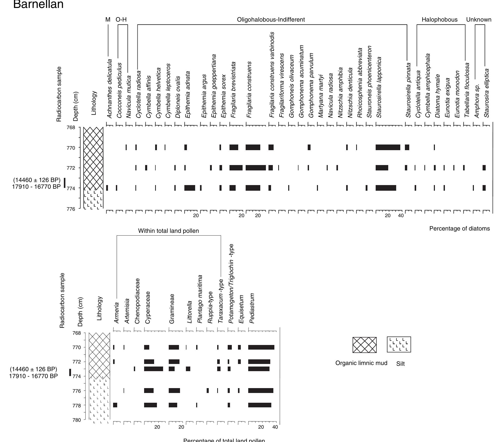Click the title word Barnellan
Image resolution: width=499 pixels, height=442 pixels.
[x=38, y=5]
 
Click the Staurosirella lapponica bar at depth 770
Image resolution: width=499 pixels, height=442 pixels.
[x=388, y=147]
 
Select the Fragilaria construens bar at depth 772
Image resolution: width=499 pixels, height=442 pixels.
[x=256, y=168]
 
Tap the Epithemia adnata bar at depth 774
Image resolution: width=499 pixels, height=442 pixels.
[x=189, y=188]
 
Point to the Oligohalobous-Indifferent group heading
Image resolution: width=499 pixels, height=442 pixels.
[x=271, y=20]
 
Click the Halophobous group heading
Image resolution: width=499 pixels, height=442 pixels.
[x=440, y=20]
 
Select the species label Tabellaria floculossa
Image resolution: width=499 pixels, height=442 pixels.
[x=467, y=90]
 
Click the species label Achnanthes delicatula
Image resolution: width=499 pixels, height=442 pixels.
[x=109, y=89]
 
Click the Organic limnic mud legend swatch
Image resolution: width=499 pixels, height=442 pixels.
[x=364, y=345]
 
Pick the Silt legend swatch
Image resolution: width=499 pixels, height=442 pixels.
[x=399, y=344]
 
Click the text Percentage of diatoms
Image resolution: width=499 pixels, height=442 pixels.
[x=460, y=229]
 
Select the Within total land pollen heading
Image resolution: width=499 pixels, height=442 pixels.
[x=168, y=231]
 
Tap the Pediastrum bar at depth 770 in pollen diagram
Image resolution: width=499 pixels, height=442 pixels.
[x=261, y=347]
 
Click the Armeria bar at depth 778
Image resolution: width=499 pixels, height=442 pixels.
[x=115, y=405]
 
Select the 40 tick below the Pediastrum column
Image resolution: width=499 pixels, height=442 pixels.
[x=275, y=427]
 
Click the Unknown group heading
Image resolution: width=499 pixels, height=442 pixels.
[x=478, y=20]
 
